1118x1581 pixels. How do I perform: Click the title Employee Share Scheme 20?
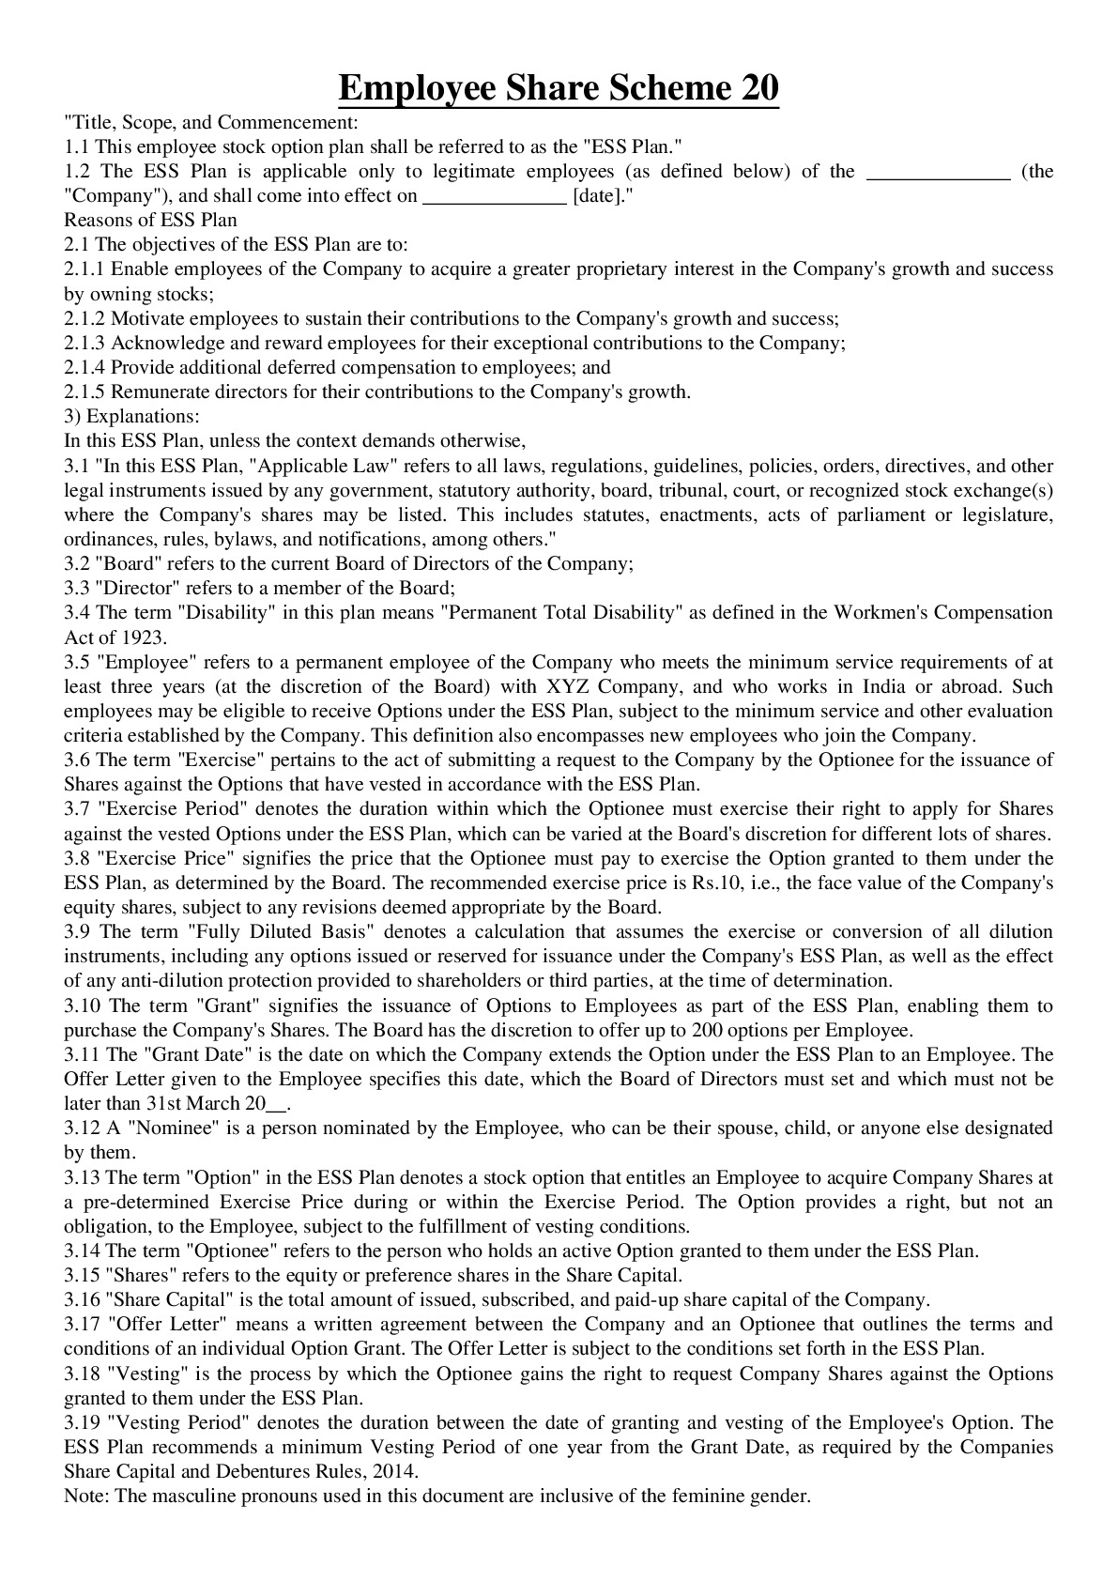559,89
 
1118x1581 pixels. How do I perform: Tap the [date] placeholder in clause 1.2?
595,196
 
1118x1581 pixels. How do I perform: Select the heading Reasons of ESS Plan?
150,221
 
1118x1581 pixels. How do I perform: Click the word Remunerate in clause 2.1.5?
154,392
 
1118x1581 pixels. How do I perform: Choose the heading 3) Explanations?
131,417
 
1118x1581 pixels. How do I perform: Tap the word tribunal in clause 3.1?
687,491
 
